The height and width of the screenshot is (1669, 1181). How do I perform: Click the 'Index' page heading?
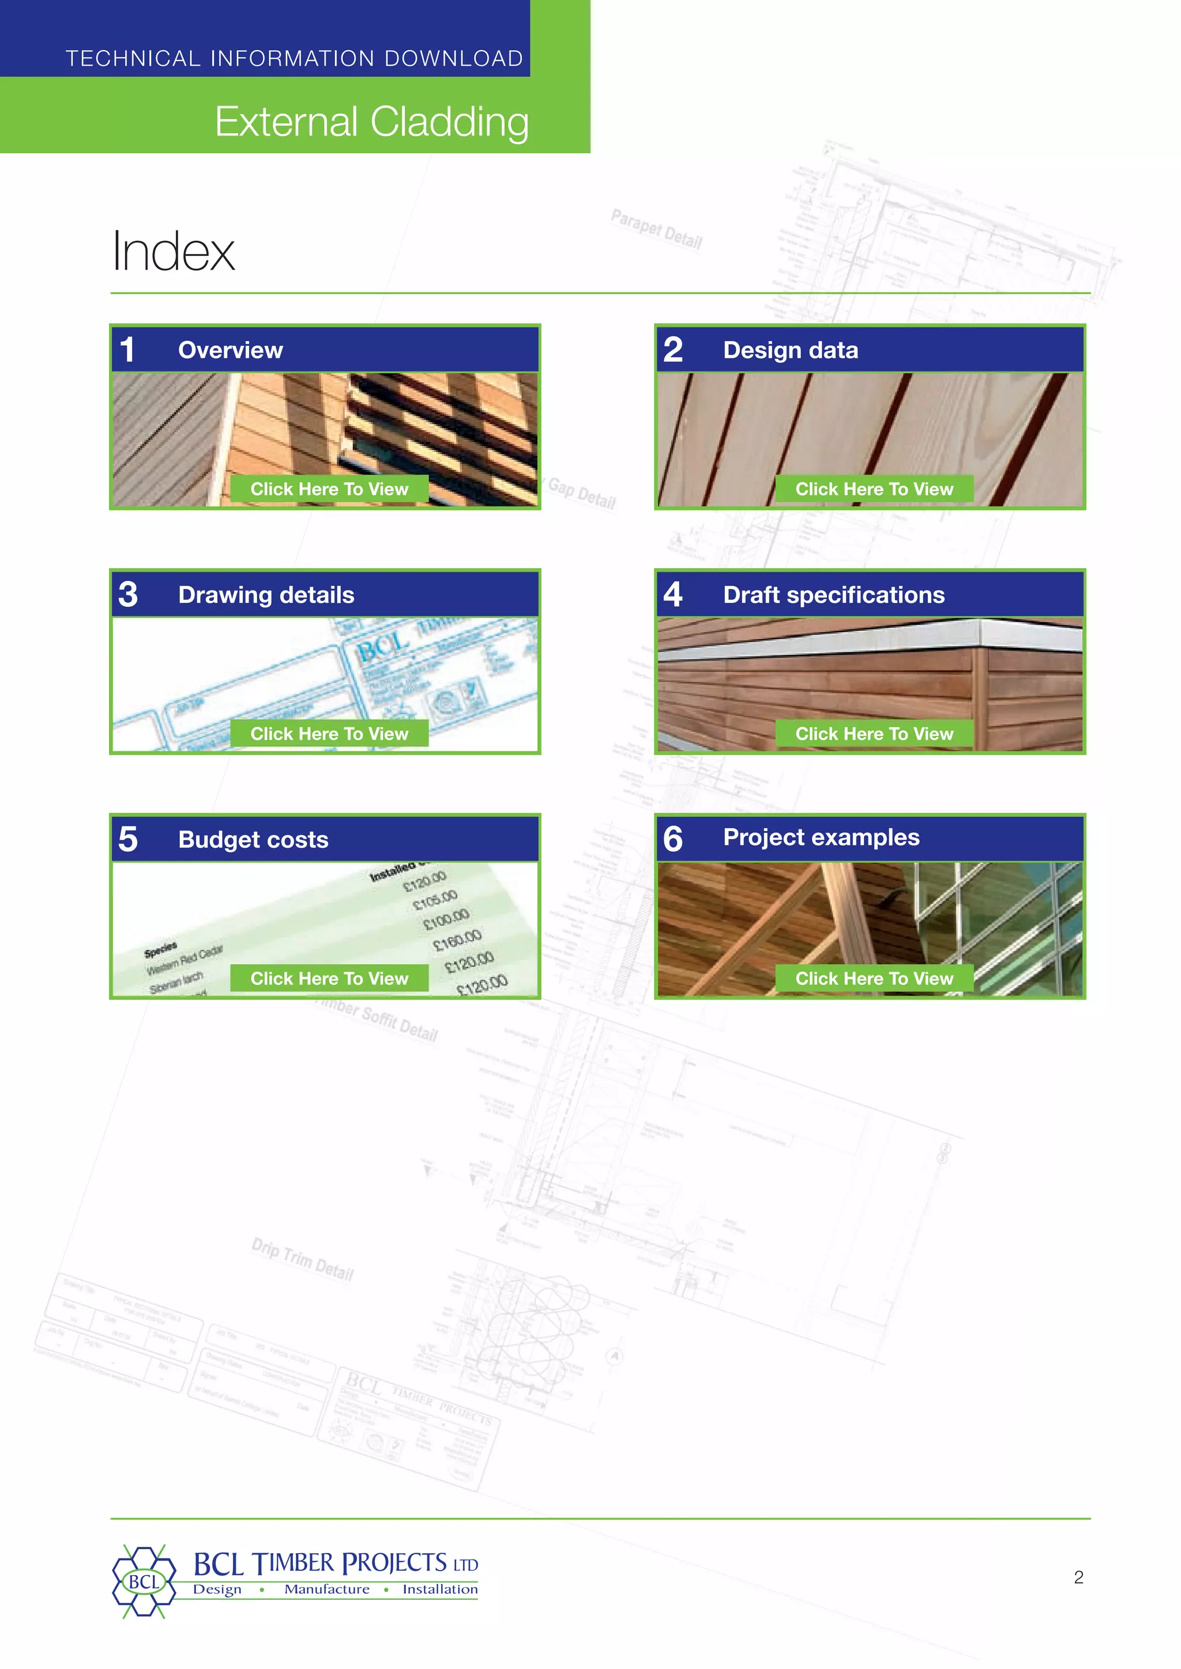[174, 251]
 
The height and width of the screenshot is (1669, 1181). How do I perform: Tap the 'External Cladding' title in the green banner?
[371, 122]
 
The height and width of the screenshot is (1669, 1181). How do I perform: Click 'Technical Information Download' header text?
[295, 58]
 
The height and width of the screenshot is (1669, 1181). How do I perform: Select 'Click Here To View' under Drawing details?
[329, 734]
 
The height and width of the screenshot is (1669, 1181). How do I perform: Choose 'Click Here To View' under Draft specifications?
[874, 734]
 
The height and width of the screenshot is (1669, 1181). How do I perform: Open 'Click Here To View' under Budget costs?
[329, 979]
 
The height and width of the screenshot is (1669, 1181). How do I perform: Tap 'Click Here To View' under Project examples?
[874, 979]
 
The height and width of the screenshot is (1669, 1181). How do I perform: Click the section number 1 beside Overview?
[128, 350]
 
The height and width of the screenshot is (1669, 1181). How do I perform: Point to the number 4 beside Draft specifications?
[673, 595]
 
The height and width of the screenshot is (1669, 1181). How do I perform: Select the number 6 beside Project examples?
[673, 839]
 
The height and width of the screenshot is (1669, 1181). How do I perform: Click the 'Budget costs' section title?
[253, 840]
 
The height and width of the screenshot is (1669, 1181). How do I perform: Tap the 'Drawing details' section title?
[266, 595]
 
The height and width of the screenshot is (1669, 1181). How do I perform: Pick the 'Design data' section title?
[791, 350]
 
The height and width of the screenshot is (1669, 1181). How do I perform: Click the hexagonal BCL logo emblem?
[144, 1582]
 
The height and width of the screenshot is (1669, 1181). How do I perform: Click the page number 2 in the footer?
[1078, 1577]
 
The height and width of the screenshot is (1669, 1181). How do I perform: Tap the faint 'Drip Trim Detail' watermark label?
[303, 1259]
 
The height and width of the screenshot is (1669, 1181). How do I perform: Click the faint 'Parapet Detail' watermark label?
[656, 229]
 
